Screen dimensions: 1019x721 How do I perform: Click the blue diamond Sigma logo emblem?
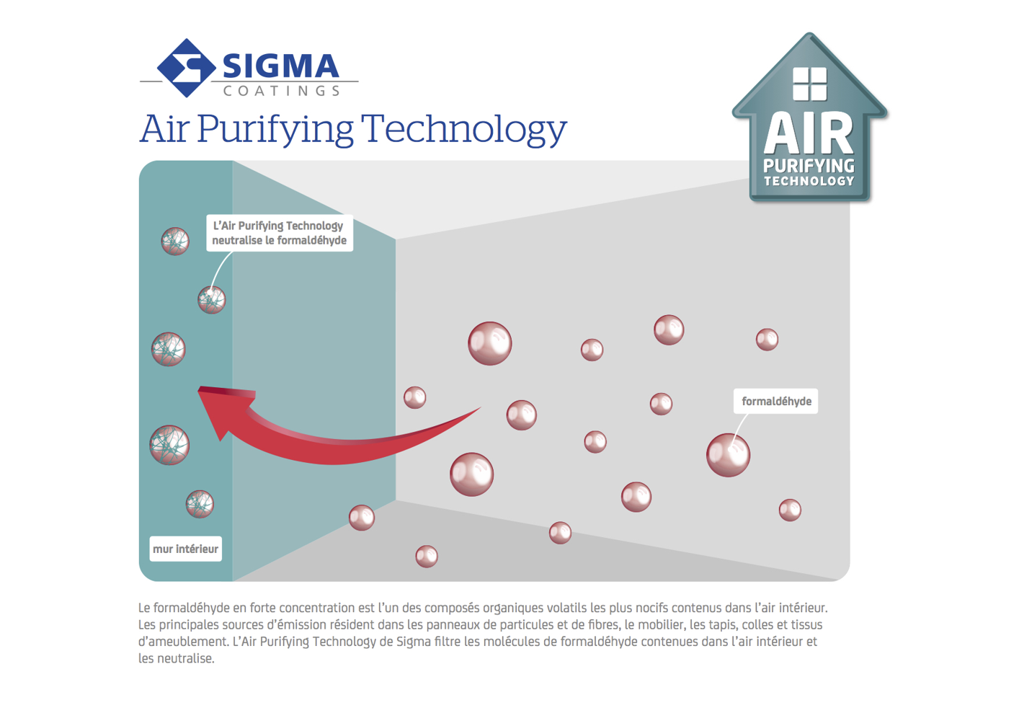(x=186, y=68)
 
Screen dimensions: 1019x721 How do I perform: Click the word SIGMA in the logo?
(x=280, y=66)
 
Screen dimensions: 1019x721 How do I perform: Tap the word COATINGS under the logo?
(x=282, y=91)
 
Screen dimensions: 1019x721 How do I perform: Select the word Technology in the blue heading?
(x=464, y=130)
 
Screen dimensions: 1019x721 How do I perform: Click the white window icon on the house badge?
(x=810, y=84)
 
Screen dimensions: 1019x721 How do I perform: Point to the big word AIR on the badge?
(x=809, y=133)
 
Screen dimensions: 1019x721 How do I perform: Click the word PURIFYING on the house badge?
(x=809, y=166)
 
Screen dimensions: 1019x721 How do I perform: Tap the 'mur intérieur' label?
(x=186, y=549)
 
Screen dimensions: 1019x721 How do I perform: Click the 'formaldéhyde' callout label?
(x=775, y=401)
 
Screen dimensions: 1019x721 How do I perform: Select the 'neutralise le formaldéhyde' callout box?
(x=280, y=233)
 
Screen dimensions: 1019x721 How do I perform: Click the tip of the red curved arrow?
(x=198, y=388)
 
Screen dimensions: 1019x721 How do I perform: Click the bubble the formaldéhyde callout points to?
(x=728, y=455)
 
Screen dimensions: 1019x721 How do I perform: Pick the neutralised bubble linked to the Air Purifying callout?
(x=212, y=299)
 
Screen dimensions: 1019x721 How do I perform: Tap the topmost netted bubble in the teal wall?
(x=175, y=241)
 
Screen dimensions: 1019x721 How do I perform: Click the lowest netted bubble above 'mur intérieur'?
(x=200, y=504)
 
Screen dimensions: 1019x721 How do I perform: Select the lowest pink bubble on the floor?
(x=427, y=556)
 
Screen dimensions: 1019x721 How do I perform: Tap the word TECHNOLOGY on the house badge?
(x=809, y=181)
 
